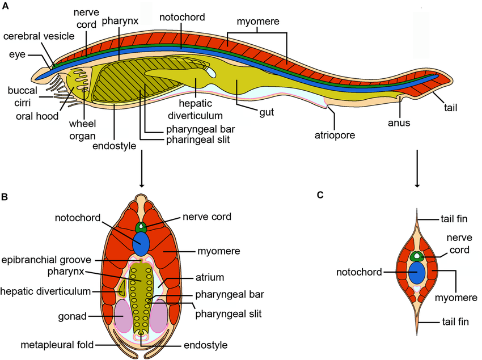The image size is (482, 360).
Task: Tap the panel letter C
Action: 320,195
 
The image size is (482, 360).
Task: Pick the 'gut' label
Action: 266,112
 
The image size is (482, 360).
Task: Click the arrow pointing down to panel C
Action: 417,168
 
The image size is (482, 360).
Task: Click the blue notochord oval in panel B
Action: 141,243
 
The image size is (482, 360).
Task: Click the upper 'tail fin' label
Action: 455,219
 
